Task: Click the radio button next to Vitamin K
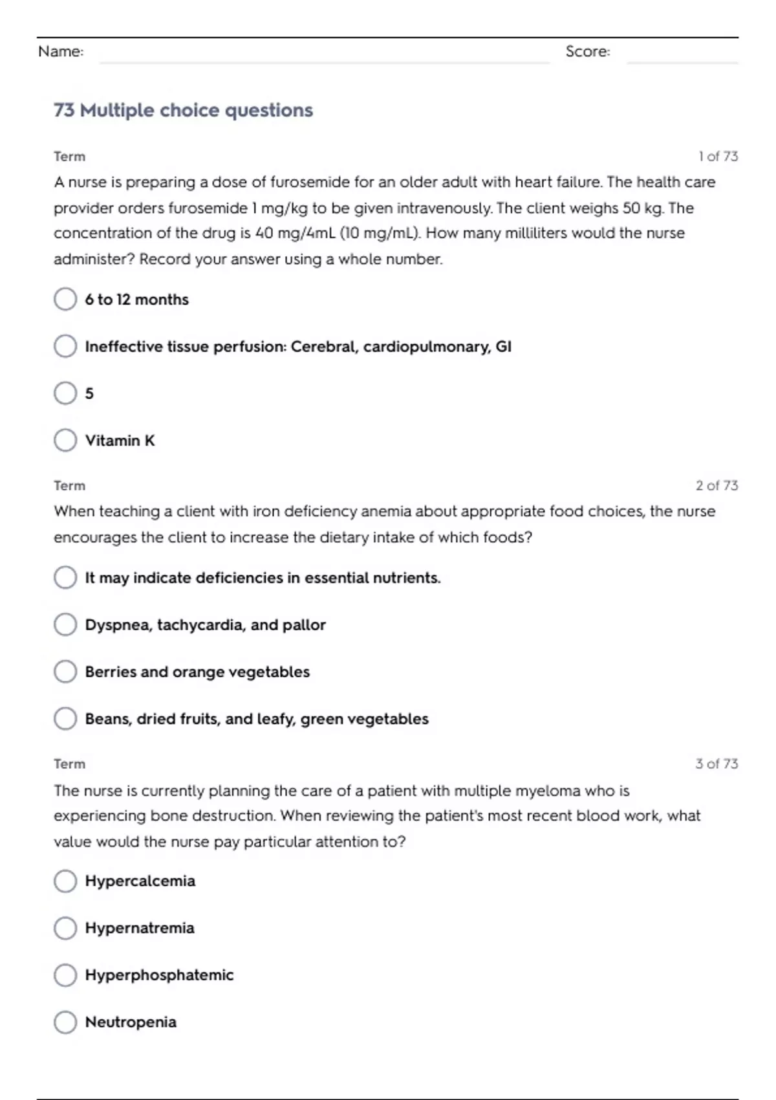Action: coord(65,440)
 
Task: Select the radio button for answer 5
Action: coord(65,393)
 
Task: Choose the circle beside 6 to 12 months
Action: coord(65,299)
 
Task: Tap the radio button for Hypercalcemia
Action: coord(65,881)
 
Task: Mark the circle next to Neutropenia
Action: coord(65,1022)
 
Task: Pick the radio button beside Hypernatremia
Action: coord(65,928)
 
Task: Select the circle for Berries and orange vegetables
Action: coord(65,672)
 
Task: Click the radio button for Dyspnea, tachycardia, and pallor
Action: coord(65,624)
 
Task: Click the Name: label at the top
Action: coord(61,52)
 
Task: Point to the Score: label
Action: coord(587,52)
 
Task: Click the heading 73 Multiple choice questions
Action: coord(183,111)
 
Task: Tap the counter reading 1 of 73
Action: coord(718,157)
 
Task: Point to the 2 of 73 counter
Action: coord(717,485)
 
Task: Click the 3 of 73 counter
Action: coord(717,764)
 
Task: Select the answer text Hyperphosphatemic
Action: coord(159,975)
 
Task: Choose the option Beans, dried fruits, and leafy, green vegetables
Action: coord(257,719)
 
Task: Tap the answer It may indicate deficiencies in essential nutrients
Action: coord(263,578)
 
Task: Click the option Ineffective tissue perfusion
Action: coord(297,347)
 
